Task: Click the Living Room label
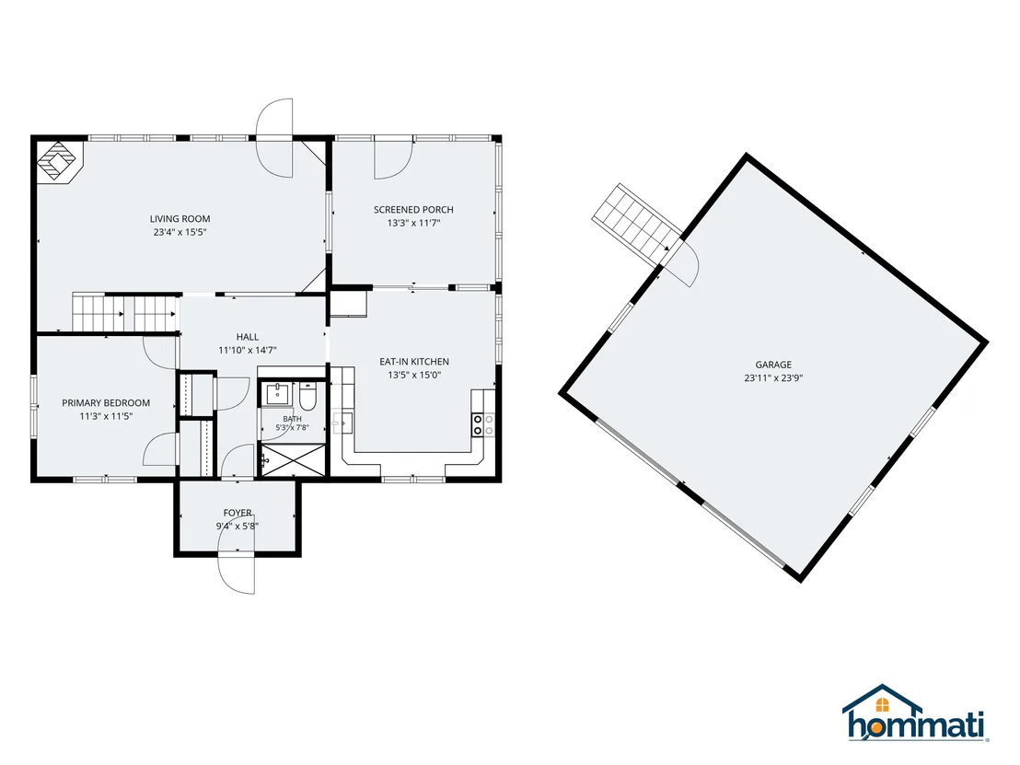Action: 180,219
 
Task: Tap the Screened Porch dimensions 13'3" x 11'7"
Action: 413,223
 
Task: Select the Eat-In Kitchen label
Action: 414,362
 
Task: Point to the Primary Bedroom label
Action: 106,403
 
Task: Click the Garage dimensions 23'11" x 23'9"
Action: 773,378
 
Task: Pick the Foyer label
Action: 238,514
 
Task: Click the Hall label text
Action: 248,337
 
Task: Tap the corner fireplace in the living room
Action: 59,161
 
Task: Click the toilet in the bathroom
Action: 307,397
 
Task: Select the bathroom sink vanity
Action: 278,394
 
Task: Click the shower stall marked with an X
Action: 293,460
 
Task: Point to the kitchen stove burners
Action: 482,424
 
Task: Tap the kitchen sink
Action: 342,423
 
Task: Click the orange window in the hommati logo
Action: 882,704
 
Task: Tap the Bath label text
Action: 292,419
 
